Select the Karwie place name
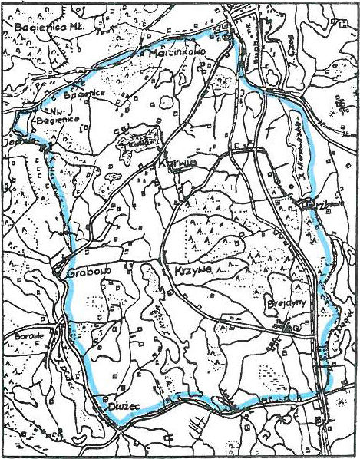coord(170,163)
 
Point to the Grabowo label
coord(80,272)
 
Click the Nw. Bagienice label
coord(53,118)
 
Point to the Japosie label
coord(16,142)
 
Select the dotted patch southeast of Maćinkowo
coord(223,81)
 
